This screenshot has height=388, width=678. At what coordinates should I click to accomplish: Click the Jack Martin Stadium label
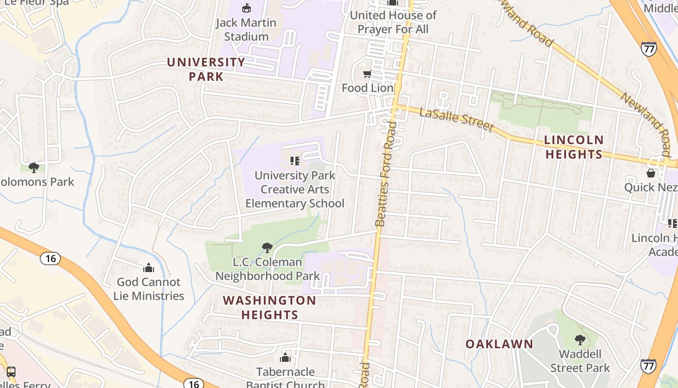[x=246, y=29]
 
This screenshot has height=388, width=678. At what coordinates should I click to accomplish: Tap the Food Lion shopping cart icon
[x=367, y=74]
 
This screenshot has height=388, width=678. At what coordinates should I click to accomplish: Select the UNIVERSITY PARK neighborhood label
[x=206, y=69]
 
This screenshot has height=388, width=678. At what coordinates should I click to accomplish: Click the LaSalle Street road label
[x=456, y=120]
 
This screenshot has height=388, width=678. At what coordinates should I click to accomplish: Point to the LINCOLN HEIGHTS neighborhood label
[x=574, y=147]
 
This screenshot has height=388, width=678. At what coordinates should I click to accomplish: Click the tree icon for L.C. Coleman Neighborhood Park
[x=267, y=248]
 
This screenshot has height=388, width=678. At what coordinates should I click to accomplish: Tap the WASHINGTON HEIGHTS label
[x=269, y=307]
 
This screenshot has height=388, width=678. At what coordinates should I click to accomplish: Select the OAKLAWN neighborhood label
[x=499, y=344]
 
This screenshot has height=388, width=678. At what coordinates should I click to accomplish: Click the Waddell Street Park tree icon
[x=580, y=339]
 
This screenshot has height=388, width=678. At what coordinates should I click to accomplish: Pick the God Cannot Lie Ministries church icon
[x=149, y=268]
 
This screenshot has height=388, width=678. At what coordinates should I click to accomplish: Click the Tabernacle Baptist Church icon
[x=285, y=358]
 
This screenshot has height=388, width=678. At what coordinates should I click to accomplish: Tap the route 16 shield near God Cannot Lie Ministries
[x=50, y=259]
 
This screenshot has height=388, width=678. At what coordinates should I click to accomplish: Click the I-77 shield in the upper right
[x=648, y=48]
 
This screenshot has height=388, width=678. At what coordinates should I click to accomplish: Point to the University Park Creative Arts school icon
[x=294, y=161]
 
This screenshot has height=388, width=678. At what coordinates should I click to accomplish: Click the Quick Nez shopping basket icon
[x=651, y=173]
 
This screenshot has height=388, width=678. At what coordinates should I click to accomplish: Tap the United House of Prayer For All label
[x=393, y=22]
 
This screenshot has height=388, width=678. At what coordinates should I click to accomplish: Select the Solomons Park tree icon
[x=34, y=168]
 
